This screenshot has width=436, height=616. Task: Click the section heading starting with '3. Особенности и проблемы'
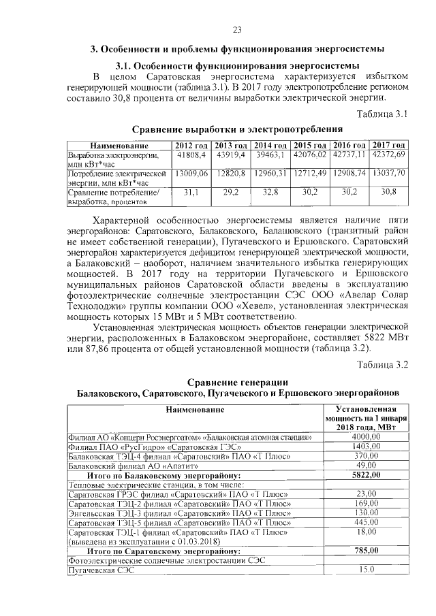point(238,49)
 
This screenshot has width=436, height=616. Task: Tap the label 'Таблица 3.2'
point(382,364)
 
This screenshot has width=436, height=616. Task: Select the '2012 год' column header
point(191,146)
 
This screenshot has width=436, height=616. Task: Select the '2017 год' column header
point(389,146)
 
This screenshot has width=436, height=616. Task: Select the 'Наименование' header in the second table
point(193,410)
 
